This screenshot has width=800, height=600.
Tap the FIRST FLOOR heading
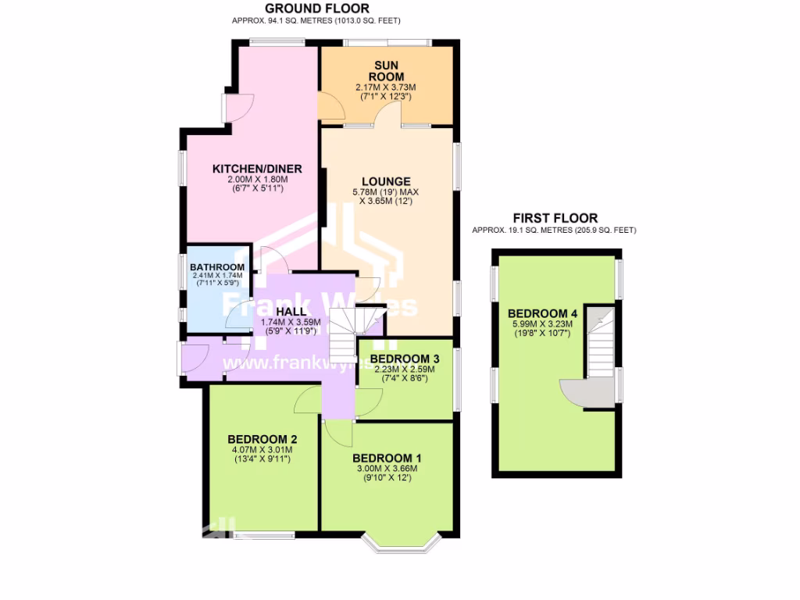point(555,218)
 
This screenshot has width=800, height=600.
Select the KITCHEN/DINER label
point(257,169)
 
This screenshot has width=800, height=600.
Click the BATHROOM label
point(217,267)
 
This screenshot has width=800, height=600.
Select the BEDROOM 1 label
point(387,458)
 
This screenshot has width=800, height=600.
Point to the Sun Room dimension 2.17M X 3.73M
point(388,87)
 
